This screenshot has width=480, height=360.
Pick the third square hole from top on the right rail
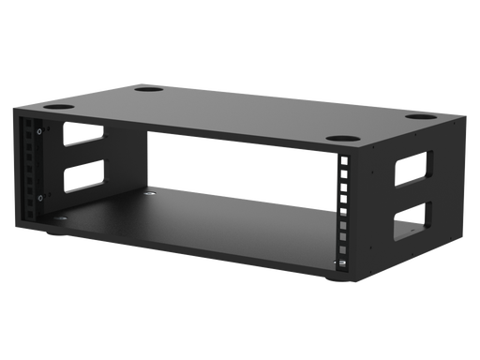345,188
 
